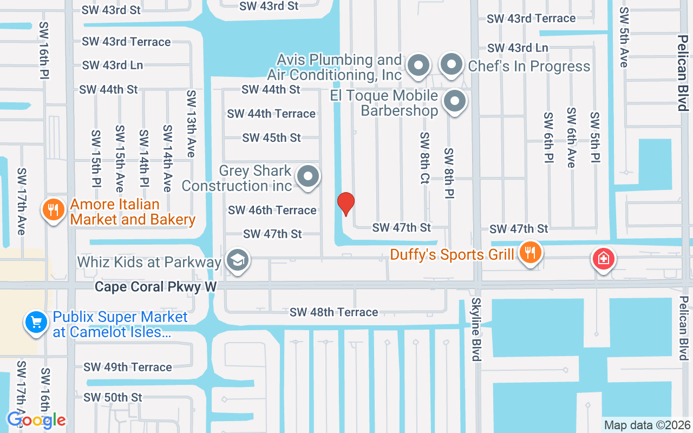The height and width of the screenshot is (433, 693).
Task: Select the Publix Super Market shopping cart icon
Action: coord(36,323)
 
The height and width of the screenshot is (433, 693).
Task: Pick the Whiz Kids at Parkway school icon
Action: coord(237,260)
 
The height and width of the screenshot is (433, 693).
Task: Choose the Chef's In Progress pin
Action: coord(451,65)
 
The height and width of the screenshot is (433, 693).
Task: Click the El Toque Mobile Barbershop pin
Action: coord(455,101)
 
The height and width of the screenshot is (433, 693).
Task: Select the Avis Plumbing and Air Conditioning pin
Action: coord(418,66)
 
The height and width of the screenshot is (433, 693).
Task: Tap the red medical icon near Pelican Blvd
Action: coord(603,259)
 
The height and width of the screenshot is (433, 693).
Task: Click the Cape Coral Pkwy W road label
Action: coord(155,286)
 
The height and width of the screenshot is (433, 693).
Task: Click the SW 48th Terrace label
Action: coord(334,312)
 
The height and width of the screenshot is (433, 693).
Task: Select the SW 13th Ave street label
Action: coord(191,123)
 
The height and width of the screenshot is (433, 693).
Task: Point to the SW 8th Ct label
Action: coord(424,158)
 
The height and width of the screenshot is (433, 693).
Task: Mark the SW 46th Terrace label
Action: coord(272,210)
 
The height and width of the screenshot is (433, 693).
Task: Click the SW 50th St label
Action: coord(113,397)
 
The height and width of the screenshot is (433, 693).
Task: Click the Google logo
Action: coord(36,419)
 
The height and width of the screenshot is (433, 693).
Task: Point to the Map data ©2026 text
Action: coord(648,425)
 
